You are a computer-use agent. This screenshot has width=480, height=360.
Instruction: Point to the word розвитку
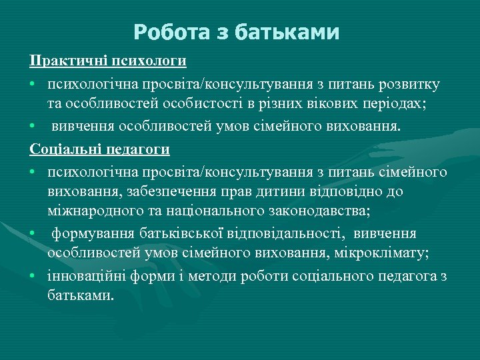click(x=409, y=85)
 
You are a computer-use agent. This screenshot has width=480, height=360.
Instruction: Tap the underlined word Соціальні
click(x=63, y=149)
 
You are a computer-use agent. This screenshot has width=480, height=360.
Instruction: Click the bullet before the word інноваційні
click(x=33, y=276)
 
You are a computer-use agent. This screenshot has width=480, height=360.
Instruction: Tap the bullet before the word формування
click(x=33, y=234)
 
